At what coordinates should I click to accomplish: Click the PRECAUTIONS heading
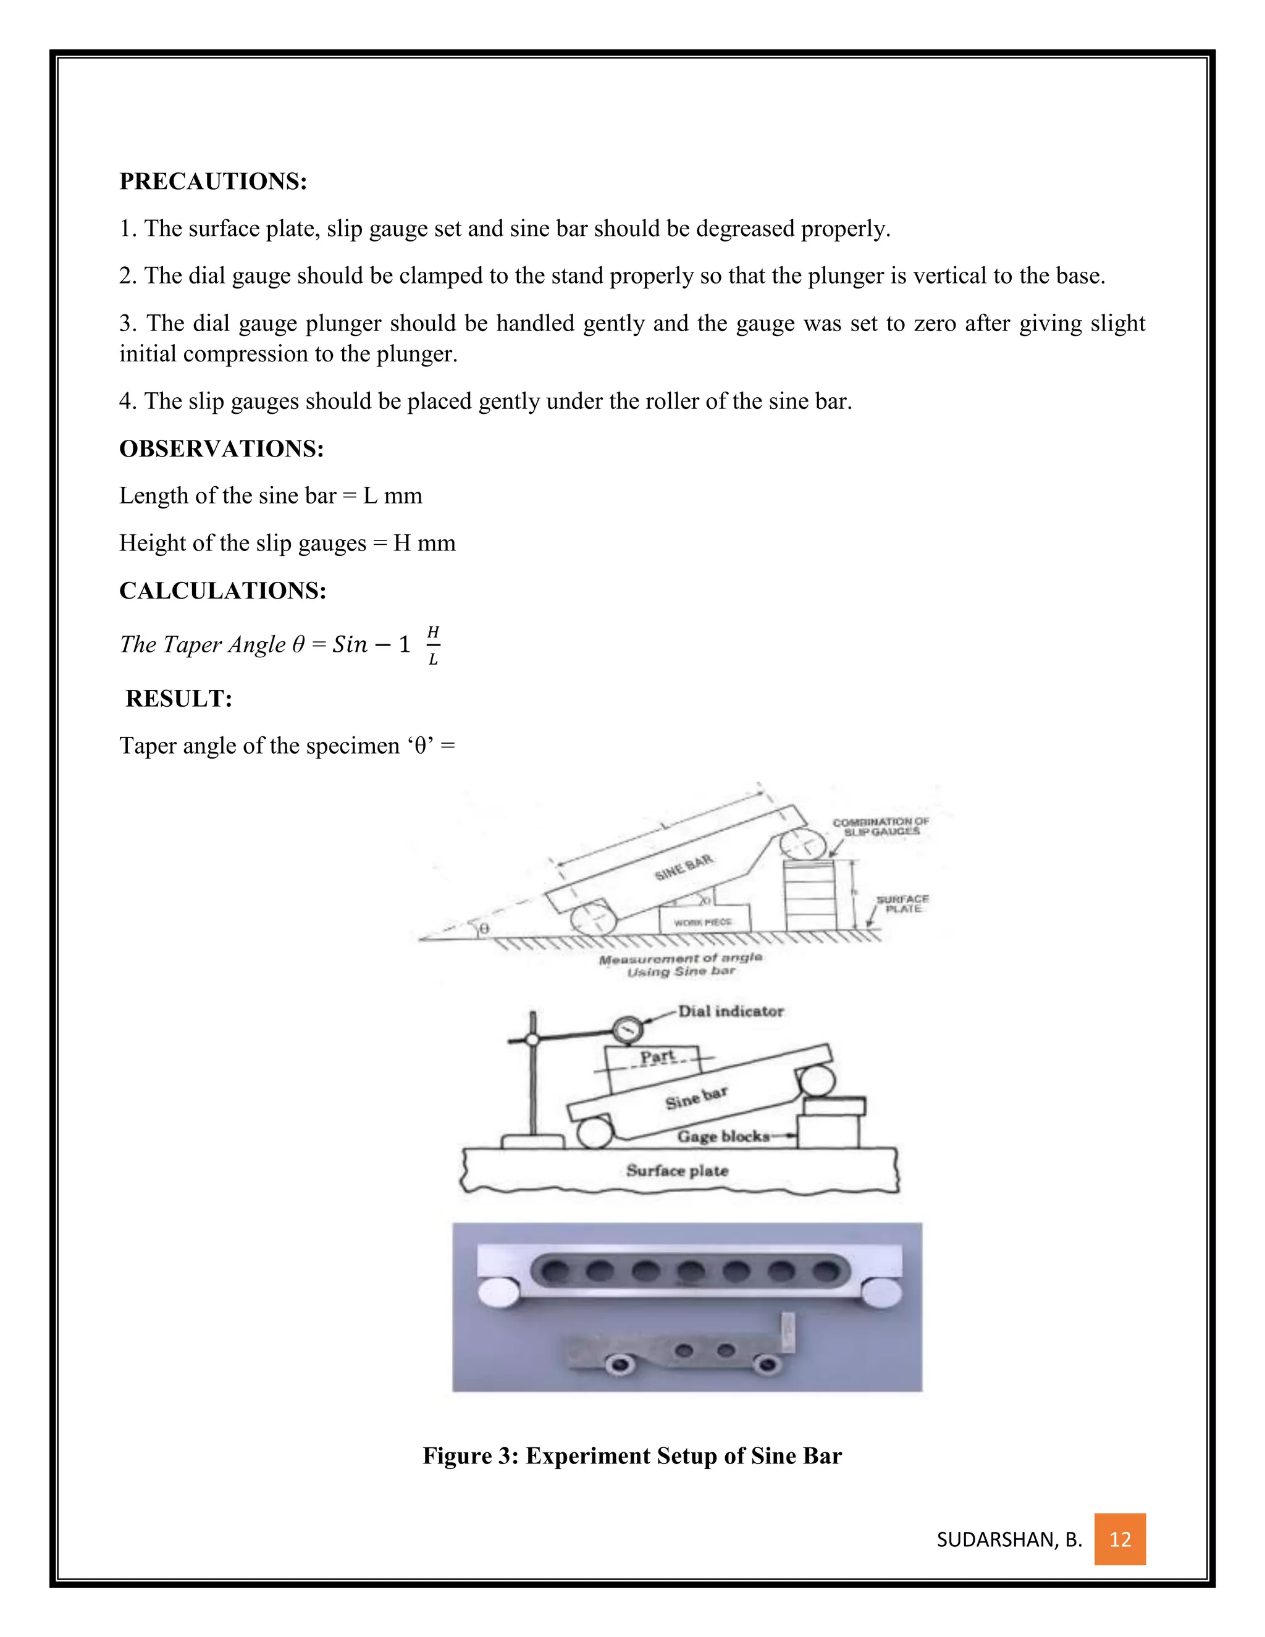pyautogui.click(x=213, y=182)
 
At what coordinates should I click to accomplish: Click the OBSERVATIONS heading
pyautogui.click(x=221, y=448)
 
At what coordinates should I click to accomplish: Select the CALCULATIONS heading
pyautogui.click(x=222, y=591)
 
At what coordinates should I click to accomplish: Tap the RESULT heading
pyautogui.click(x=179, y=699)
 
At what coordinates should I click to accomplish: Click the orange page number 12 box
pyautogui.click(x=1120, y=1539)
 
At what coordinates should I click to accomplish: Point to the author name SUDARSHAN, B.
pyautogui.click(x=1009, y=1539)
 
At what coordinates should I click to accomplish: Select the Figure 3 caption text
pyautogui.click(x=632, y=1455)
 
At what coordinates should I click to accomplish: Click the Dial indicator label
pyautogui.click(x=730, y=1011)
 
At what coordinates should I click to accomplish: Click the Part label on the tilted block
pyautogui.click(x=657, y=1057)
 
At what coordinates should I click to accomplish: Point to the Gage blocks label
pyautogui.click(x=723, y=1136)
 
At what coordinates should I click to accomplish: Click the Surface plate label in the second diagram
pyautogui.click(x=677, y=1171)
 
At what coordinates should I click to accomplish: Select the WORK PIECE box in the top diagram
pyautogui.click(x=703, y=921)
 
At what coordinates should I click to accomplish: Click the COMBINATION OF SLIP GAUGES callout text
pyautogui.click(x=881, y=827)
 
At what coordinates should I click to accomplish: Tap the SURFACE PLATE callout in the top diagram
pyautogui.click(x=902, y=904)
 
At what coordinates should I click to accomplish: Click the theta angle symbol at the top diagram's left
pyautogui.click(x=484, y=928)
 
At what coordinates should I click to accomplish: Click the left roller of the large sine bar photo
pyautogui.click(x=498, y=1294)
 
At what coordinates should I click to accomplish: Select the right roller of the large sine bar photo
pyautogui.click(x=881, y=1294)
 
